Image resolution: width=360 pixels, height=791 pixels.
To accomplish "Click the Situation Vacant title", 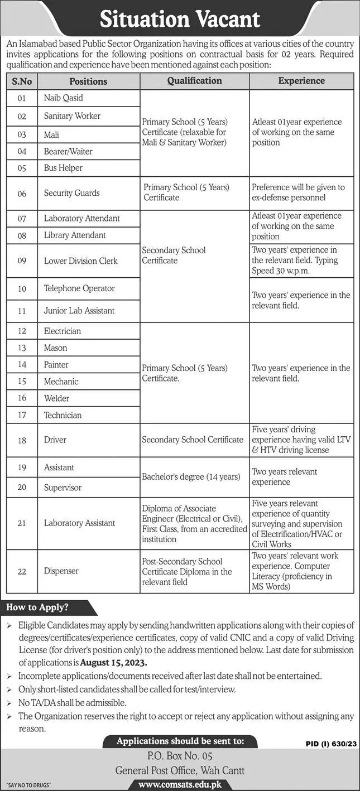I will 180,20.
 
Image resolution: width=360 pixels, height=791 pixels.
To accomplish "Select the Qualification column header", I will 194,81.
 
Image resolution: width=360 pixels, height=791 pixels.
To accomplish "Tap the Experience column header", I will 301,81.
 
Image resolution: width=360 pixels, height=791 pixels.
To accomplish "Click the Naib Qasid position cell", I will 64,98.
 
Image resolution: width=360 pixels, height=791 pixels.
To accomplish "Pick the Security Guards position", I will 72,193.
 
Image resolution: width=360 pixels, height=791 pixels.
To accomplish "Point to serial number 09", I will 22,261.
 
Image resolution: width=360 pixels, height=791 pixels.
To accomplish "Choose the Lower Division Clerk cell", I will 81,261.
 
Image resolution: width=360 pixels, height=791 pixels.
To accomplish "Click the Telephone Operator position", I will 79,288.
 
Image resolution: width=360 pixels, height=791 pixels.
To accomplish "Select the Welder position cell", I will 57,398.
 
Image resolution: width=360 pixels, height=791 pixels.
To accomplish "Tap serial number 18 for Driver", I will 22,440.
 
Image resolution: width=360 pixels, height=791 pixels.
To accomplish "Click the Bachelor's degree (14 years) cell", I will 191,477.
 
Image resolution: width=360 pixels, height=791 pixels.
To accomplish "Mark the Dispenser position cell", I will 61,571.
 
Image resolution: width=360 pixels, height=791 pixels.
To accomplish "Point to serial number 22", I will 22,571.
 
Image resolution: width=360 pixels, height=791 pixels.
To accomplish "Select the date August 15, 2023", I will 113,663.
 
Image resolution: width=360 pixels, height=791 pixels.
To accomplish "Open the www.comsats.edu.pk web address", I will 180,784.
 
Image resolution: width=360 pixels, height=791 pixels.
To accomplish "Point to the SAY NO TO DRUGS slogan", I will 26,785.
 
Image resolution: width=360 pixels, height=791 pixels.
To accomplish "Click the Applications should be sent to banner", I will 180,741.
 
